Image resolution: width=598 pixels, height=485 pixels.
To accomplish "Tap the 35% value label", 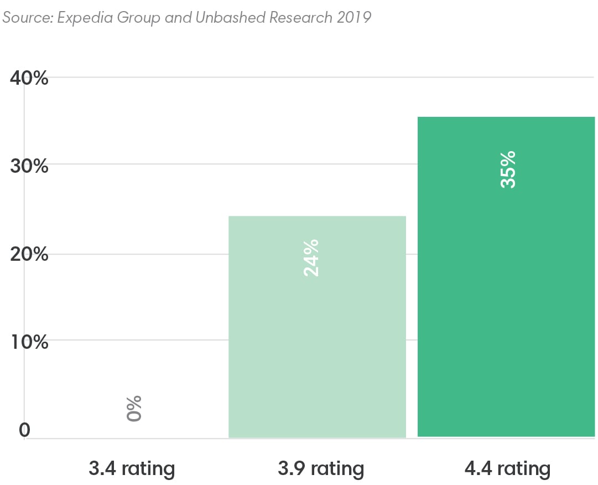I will pos(508,169).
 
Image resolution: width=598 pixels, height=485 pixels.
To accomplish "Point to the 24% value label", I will pos(311,257).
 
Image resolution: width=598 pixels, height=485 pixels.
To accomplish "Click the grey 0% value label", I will pos(134,409).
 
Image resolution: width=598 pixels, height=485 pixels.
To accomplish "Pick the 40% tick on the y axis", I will pos(29,78).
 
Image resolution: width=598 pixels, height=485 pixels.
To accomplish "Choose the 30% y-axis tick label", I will pos(29,166).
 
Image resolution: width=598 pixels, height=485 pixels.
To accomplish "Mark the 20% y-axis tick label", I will pos(29,255).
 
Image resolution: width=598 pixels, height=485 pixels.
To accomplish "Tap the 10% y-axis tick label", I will pos(29,342).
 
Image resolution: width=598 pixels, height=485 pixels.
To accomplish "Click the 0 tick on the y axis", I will pos(24,430).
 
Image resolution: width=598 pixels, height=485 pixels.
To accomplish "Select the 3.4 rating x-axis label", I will pos(132,469).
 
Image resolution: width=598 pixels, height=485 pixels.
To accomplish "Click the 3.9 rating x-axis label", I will pos(321,469).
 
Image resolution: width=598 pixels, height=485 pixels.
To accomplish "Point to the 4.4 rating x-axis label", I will pos(508,469).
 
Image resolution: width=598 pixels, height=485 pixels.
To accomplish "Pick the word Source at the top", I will pos(25,18).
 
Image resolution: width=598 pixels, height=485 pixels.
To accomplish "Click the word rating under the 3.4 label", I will pos(148,469).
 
